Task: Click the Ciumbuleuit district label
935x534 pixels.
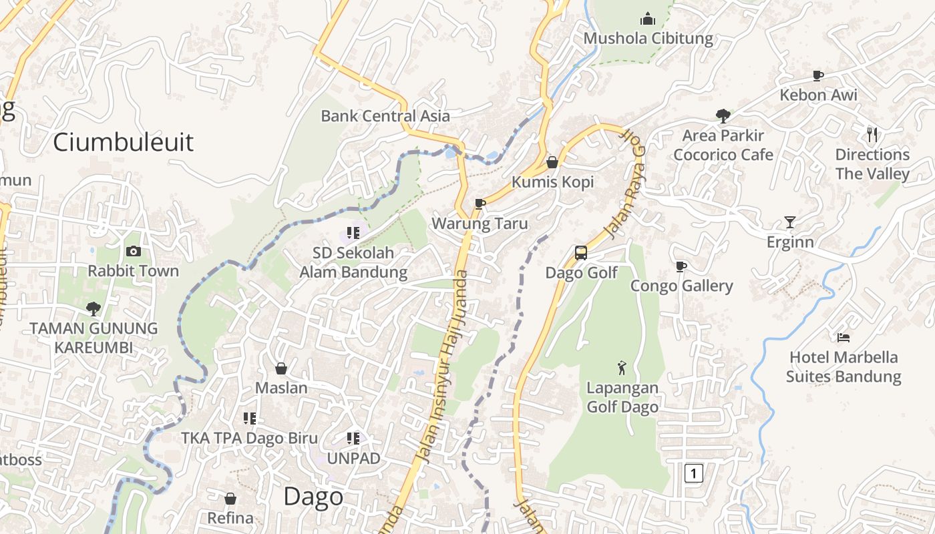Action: click(x=123, y=142)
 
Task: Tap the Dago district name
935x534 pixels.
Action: click(x=313, y=497)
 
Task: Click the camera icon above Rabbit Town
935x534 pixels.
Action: click(x=134, y=252)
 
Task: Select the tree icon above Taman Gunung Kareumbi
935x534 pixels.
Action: click(x=93, y=308)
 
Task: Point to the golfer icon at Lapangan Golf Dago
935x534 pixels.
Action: click(x=622, y=368)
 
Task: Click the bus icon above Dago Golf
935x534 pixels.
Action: click(x=581, y=253)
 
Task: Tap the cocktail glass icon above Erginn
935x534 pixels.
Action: click(x=790, y=222)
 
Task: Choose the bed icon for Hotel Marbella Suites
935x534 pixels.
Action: click(x=844, y=338)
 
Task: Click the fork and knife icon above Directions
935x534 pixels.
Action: click(x=872, y=135)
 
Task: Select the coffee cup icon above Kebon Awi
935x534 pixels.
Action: click(x=818, y=75)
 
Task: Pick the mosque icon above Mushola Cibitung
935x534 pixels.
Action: click(x=648, y=19)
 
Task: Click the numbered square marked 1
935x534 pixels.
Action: click(x=694, y=474)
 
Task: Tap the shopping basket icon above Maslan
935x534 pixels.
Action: click(x=281, y=368)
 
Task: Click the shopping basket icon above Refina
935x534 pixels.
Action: click(x=230, y=499)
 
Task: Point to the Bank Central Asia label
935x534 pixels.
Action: click(x=385, y=116)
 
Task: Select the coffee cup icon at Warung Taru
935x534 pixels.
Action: click(x=480, y=204)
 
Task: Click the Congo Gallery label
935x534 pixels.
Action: click(x=682, y=286)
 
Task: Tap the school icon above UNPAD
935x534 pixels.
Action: click(x=353, y=439)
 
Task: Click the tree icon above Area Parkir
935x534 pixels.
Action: click(x=723, y=115)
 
